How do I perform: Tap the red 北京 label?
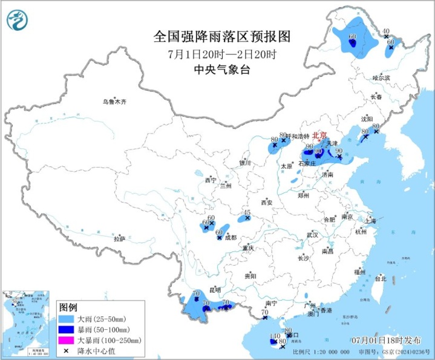tap(319, 135)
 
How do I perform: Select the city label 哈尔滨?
tap(381, 78)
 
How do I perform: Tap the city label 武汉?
tap(312, 235)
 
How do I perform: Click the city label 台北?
tap(380, 279)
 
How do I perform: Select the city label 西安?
tap(267, 202)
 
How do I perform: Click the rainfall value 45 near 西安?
tap(246, 212)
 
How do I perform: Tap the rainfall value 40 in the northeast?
tap(385, 31)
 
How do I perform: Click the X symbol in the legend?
tap(65, 351)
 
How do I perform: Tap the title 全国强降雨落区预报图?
tap(222, 36)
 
